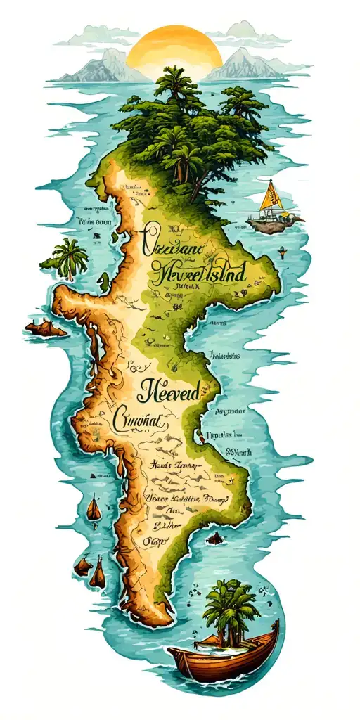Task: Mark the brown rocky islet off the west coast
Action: point(46,328)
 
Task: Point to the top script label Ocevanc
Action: point(172,243)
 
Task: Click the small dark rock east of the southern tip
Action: point(215,538)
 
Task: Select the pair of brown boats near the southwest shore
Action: point(91,570)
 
